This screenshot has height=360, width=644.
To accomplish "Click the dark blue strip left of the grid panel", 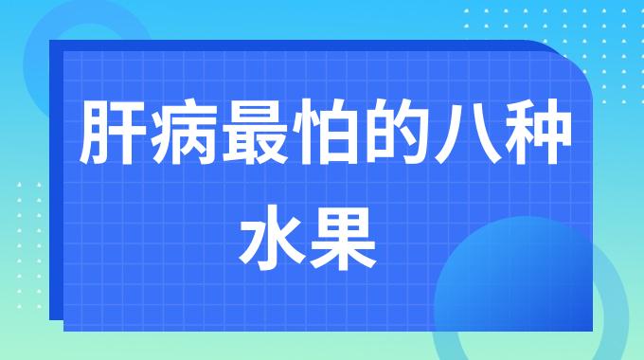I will [x=56, y=189].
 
